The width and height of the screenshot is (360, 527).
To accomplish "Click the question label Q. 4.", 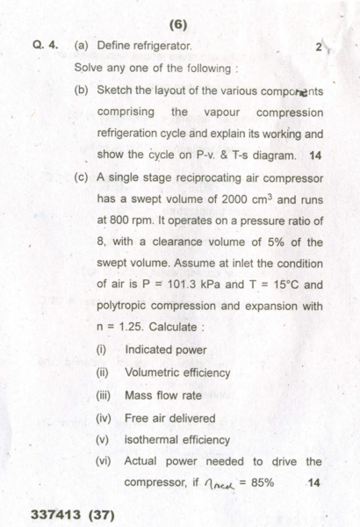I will [45, 45].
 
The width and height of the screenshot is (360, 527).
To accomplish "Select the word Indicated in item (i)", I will [154, 350].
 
